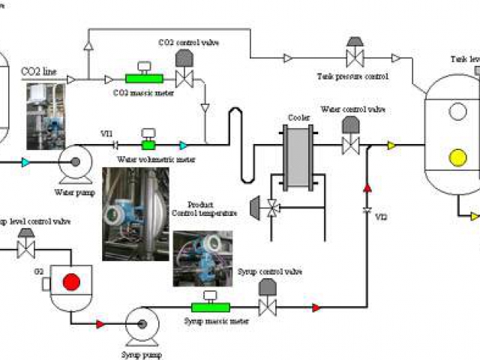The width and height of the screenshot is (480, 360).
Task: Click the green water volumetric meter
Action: tap(148, 144)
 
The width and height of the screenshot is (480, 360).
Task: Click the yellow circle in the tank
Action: tap(456, 158)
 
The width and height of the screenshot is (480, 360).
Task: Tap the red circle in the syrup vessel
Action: tap(71, 282)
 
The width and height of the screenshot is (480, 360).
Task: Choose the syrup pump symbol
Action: tap(140, 324)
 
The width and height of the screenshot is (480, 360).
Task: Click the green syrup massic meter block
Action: tap(210, 306)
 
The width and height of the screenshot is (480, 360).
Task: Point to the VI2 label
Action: tap(381, 217)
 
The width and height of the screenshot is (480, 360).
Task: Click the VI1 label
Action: tap(107, 133)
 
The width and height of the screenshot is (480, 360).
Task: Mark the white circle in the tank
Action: tap(456, 111)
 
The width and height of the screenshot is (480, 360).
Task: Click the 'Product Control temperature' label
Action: tap(205, 208)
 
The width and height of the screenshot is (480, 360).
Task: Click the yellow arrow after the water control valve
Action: tap(391, 145)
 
